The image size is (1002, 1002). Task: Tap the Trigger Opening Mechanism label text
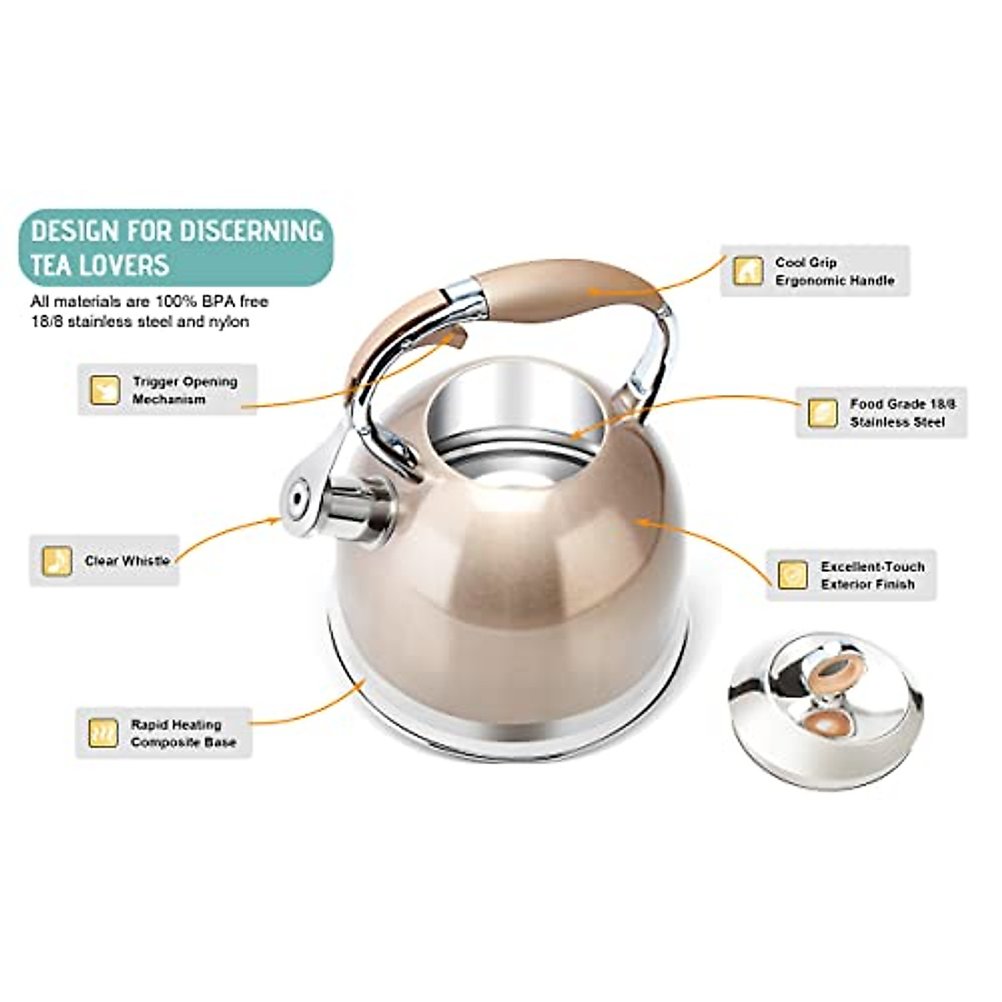pyautogui.click(x=185, y=390)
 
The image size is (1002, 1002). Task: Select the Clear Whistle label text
pyautogui.click(x=127, y=561)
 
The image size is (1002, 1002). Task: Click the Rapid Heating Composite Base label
pyautogui.click(x=183, y=733)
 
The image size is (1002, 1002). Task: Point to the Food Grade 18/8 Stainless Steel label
pyautogui.click(x=903, y=413)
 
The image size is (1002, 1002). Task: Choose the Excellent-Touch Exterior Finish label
pyautogui.click(x=872, y=575)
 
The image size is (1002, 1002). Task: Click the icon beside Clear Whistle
pyautogui.click(x=57, y=561)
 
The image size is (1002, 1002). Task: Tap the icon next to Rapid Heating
pyautogui.click(x=104, y=733)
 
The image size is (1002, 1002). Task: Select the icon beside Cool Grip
pyautogui.click(x=747, y=271)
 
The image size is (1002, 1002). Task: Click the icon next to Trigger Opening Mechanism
pyautogui.click(x=105, y=390)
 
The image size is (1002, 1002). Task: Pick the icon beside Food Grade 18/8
pyautogui.click(x=822, y=413)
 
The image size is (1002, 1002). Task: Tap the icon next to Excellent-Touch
pyautogui.click(x=792, y=575)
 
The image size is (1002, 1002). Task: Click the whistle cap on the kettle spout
pyautogui.click(x=297, y=501)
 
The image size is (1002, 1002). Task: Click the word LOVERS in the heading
pyautogui.click(x=124, y=265)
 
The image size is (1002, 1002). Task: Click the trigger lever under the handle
pyautogui.click(x=452, y=338)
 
